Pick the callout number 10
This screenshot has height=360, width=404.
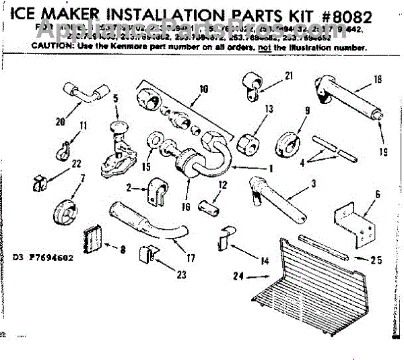[x=205, y=88]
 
